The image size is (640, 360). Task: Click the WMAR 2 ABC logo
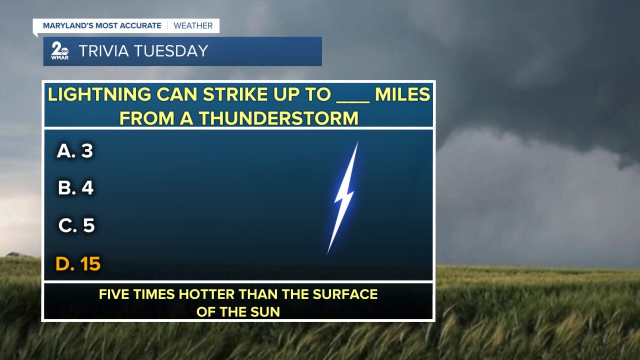(59, 51)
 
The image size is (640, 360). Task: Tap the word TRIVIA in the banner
(104, 51)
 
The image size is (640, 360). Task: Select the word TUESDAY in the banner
(171, 51)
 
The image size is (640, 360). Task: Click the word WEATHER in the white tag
(193, 25)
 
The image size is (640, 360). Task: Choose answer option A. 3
(75, 150)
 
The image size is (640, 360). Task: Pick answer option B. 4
(75, 187)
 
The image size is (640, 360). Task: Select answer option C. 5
(76, 225)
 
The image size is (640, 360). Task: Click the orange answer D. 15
(78, 263)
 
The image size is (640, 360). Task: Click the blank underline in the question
(353, 101)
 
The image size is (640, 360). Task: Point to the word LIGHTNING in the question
(99, 94)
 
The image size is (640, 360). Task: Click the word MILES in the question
(402, 94)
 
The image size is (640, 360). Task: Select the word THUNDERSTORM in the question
(278, 118)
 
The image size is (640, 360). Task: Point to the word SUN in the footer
(265, 311)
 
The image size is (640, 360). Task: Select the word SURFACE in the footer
(345, 294)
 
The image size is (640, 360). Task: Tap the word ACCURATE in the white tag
(140, 25)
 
